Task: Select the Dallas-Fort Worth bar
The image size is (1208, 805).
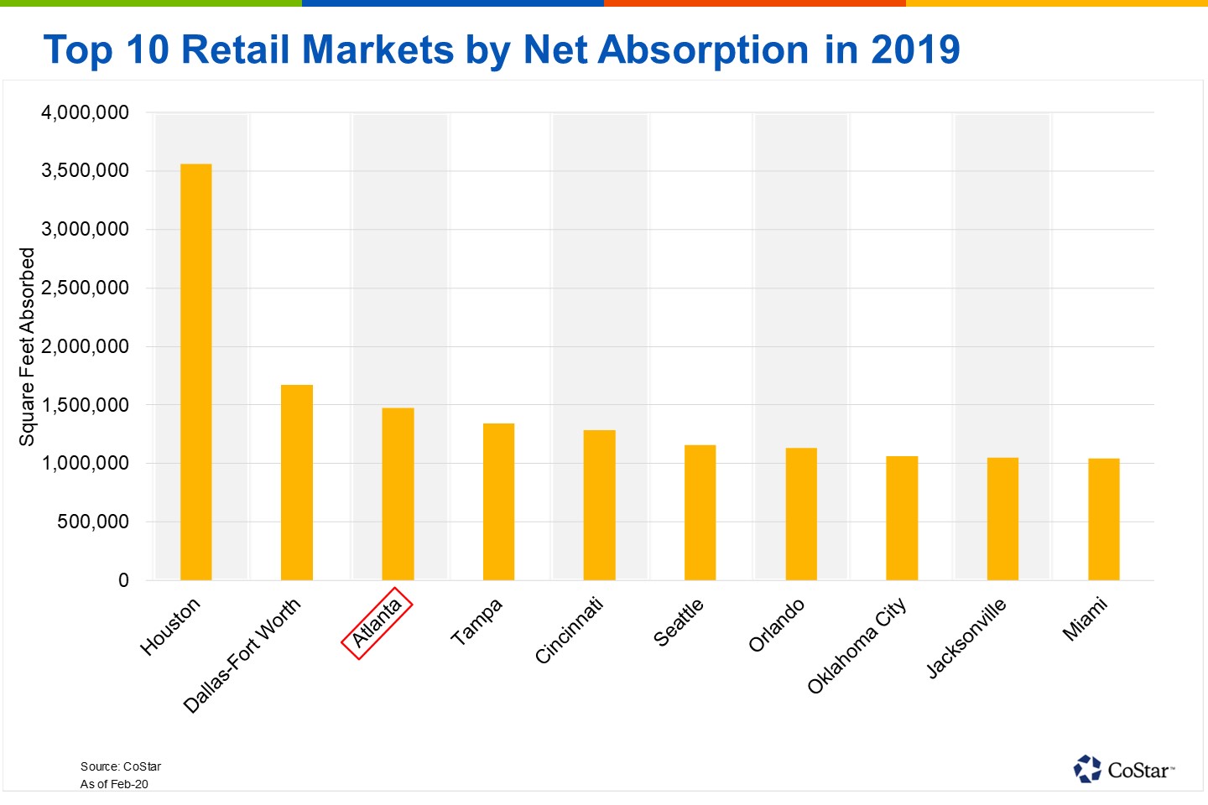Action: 297,482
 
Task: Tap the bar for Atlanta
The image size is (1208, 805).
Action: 398,494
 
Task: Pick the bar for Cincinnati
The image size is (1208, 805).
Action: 599,505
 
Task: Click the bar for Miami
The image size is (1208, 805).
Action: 1103,519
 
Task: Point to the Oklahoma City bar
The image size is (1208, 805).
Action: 902,518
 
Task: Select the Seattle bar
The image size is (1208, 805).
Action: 700,512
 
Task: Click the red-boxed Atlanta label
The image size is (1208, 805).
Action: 377,624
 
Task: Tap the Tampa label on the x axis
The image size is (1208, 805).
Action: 476,621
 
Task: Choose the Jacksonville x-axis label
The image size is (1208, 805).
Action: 966,638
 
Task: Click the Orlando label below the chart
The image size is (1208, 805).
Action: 776,626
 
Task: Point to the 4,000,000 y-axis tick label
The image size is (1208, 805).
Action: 85,112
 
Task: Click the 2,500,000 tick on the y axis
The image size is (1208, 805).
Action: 85,288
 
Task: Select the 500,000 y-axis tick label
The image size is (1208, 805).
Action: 92,522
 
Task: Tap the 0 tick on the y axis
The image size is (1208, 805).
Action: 123,580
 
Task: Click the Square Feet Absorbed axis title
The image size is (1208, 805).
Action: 27,346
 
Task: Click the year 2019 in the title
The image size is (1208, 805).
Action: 915,49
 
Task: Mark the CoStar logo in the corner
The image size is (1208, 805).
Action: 1124,769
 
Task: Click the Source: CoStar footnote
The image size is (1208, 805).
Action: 120,766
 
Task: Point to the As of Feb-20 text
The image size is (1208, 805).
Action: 114,784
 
